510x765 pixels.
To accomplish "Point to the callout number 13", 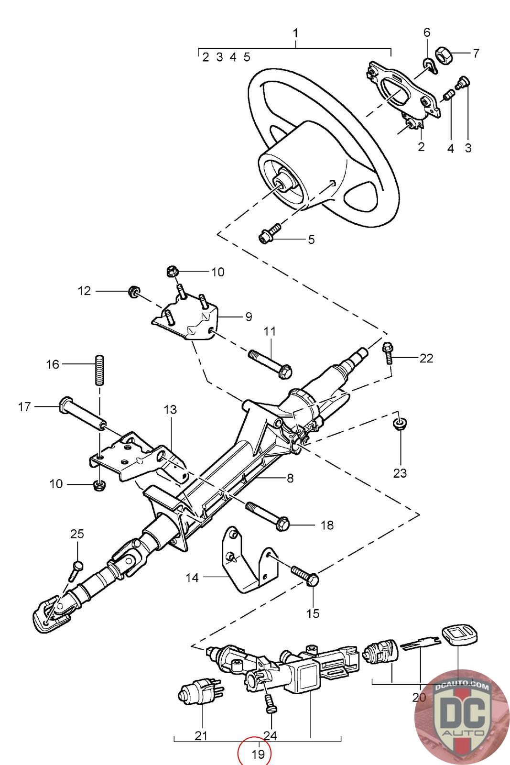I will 170,409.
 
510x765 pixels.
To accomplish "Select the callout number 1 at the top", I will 295,33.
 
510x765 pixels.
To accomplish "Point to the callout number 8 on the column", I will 290,478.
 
